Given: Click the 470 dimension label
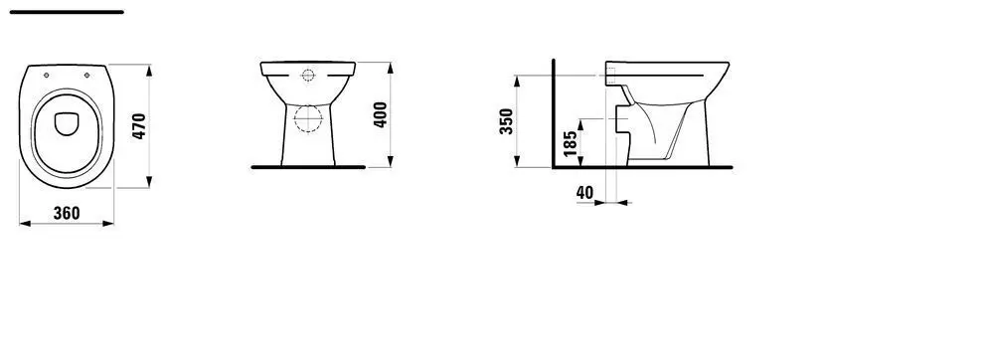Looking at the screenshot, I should point(139,126).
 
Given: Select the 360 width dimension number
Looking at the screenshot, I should point(67,214).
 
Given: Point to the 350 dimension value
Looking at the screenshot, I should point(506,121).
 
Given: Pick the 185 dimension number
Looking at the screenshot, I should point(570,142).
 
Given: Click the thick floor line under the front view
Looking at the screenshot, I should point(309,167).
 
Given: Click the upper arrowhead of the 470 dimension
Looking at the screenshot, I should point(149,68).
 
